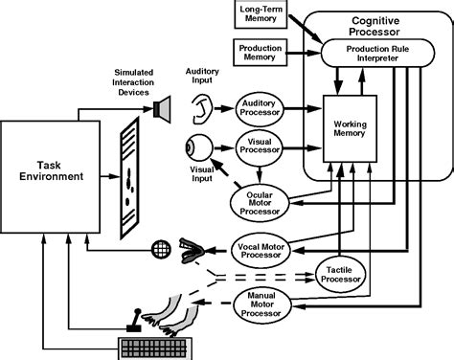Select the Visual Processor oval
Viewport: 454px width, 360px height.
[261, 149]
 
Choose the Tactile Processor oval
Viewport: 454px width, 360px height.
[342, 277]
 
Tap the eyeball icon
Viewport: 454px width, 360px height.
[195, 149]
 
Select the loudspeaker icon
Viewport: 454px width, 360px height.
[159, 109]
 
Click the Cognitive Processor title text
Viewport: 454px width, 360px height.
[374, 25]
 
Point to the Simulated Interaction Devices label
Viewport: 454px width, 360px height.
[132, 83]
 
